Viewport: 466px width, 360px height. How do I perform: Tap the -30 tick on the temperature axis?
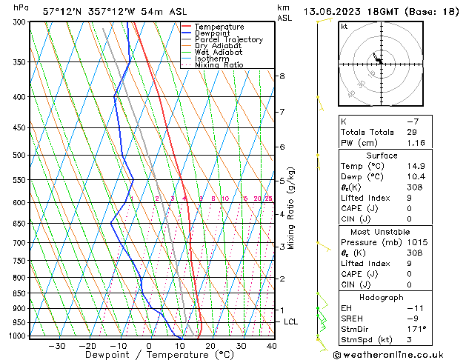(x=57, y=345)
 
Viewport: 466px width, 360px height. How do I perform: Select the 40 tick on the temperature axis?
(x=272, y=345)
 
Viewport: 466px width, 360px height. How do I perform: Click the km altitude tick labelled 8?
(x=282, y=76)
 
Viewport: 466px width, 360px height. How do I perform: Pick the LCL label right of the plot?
(x=291, y=322)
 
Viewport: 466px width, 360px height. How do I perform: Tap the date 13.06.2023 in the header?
(x=336, y=11)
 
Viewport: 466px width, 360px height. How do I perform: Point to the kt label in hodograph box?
(x=344, y=26)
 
